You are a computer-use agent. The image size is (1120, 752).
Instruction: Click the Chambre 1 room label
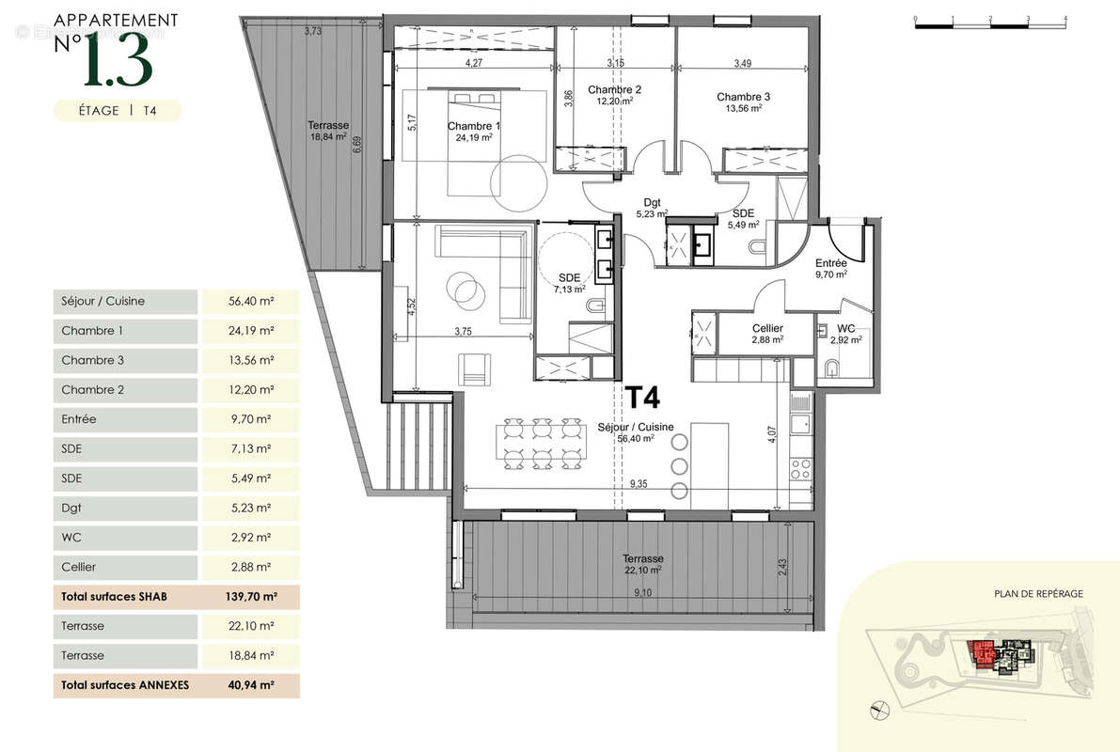[x=474, y=126]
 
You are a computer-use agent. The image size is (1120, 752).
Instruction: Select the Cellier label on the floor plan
[x=767, y=328]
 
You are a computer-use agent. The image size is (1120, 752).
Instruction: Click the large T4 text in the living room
[x=642, y=399]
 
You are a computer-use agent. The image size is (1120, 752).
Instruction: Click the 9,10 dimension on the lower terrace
[x=642, y=592]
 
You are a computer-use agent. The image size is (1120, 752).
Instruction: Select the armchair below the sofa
[x=476, y=367]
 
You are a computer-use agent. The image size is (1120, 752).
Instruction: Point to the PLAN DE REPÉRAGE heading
[x=1038, y=593]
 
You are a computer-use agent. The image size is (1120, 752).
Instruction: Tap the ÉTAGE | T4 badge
[x=118, y=110]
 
